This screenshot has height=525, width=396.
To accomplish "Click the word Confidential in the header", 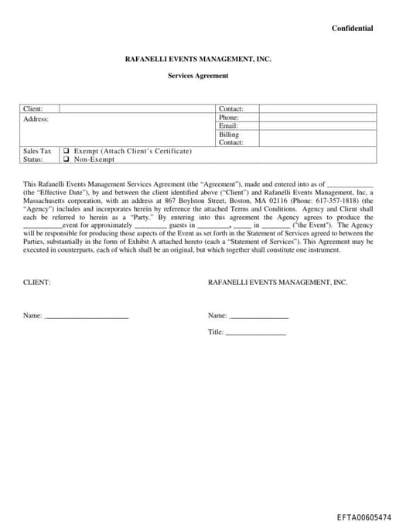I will pos(352,29).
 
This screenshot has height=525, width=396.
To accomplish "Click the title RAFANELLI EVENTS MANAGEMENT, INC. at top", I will pos(198,59).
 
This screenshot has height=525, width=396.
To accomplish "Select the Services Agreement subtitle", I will pos(198,75).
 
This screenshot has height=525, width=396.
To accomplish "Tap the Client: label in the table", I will pos(33,109).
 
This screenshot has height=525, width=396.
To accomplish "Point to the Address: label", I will pos(36,118).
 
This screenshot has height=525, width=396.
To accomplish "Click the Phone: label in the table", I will pos(229,118).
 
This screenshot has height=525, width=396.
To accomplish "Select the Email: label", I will pos(228,125).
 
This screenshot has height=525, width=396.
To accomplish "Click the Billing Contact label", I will pos(230,138).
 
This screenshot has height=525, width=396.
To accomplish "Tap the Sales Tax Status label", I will pos(36,155).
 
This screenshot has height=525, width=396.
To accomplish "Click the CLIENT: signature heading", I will pos(37,283).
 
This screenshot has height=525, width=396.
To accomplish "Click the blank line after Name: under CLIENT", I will pos(86,317).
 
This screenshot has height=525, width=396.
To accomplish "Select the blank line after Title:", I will pos(255,333).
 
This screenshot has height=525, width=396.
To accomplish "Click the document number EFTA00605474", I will pos(364,516).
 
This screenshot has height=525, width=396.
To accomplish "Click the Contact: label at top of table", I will pos(231,109).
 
